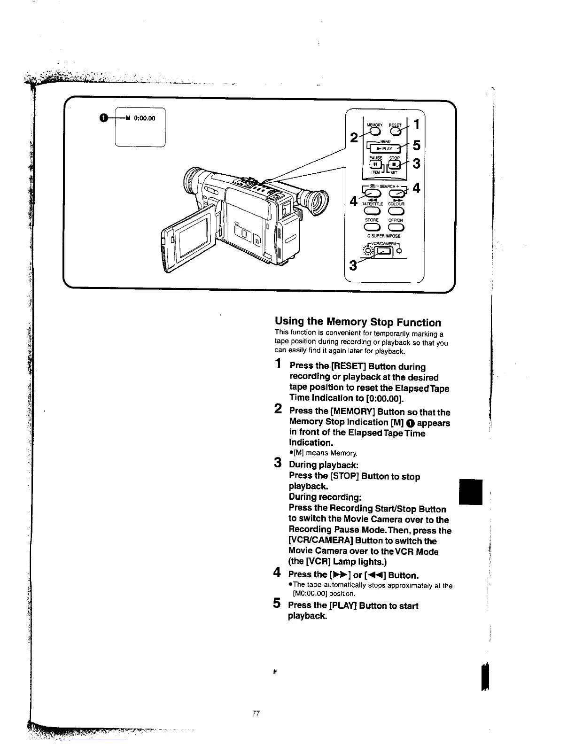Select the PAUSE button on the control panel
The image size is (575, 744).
(376, 165)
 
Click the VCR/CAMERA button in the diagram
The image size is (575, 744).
(384, 252)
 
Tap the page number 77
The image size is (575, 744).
(256, 713)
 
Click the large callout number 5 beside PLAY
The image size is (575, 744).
(416, 146)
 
